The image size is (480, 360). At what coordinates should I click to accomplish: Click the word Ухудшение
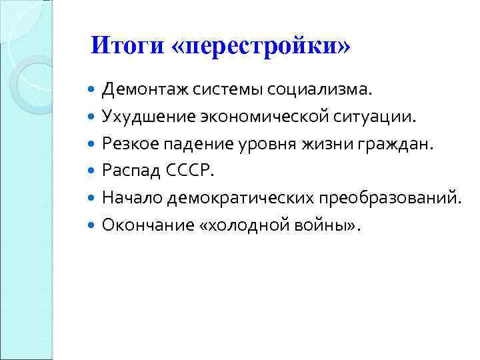click(x=142, y=117)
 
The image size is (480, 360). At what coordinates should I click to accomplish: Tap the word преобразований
click(x=388, y=198)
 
